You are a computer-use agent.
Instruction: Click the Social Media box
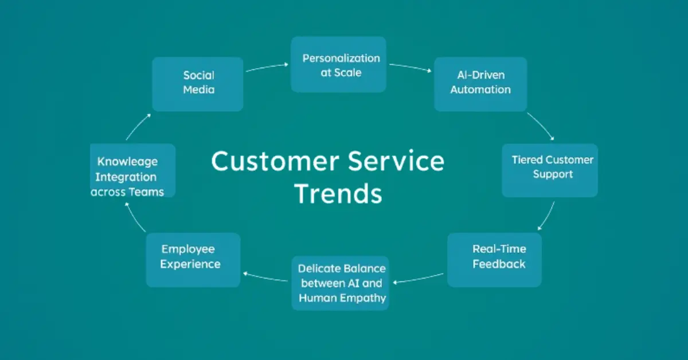198,83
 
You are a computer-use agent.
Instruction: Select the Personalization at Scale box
338,65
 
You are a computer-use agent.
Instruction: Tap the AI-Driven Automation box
480,84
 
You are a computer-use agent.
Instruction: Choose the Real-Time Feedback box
494,259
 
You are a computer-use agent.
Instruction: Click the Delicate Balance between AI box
341,283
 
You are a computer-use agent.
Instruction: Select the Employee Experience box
193,259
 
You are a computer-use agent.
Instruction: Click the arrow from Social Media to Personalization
267,67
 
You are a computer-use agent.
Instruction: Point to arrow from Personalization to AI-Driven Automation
409,67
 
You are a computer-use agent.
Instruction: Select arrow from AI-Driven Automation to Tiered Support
540,126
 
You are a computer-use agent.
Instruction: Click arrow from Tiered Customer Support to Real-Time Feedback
546,215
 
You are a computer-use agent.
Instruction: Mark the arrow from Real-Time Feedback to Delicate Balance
418,278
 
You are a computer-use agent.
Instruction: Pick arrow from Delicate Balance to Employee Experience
265,277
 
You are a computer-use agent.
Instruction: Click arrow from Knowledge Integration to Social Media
138,126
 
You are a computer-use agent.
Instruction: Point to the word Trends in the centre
338,194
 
